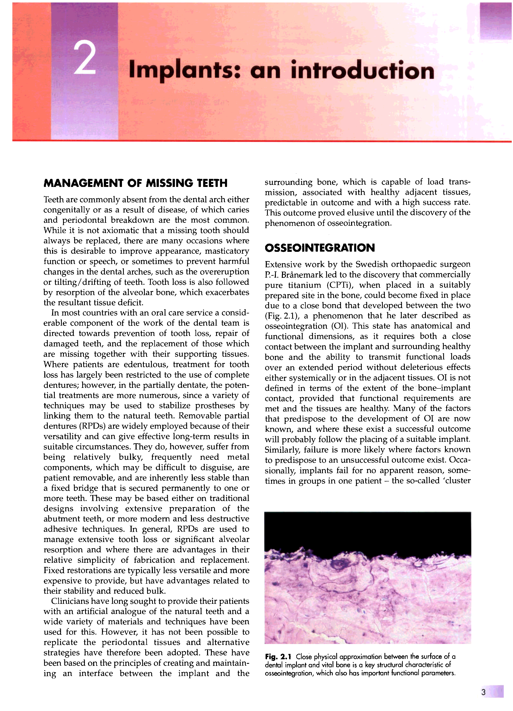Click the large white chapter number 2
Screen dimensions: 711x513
(85, 58)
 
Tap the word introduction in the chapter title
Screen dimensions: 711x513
(363, 70)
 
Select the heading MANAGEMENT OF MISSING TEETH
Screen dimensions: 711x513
(135, 183)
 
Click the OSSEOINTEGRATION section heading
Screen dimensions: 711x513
(320, 248)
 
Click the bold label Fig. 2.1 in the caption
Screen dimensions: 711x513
(278, 656)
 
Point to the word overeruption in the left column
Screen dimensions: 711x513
(224, 272)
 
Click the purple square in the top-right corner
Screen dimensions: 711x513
(495, 20)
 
